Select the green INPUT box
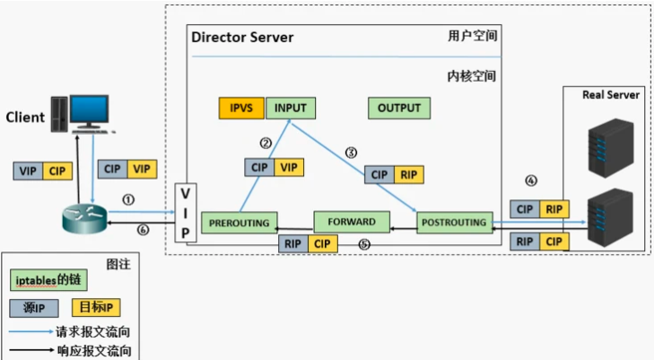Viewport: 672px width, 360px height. (x=290, y=108)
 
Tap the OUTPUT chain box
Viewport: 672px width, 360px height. (x=399, y=108)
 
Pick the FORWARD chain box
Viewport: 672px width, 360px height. (x=351, y=221)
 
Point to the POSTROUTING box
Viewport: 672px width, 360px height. (x=454, y=221)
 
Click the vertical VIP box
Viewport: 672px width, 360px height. (x=185, y=214)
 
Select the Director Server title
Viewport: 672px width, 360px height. (x=242, y=38)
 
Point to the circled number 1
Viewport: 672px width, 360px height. (x=128, y=198)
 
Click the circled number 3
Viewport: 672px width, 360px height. (x=352, y=152)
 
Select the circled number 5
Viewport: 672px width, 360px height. (x=363, y=244)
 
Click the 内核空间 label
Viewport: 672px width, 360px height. (x=472, y=77)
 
